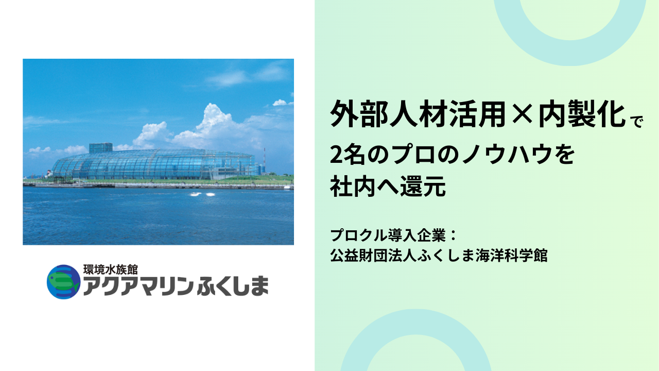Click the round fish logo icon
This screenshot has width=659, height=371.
[63, 282]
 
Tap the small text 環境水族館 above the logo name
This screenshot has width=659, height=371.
[111, 269]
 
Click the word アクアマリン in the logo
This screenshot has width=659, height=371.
[138, 286]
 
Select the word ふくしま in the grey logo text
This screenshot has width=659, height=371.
[232, 286]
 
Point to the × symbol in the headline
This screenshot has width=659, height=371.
[522, 114]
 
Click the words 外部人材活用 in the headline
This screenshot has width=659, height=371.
[418, 113]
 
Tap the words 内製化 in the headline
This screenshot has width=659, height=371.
[582, 113]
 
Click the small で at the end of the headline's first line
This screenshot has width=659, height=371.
[637, 121]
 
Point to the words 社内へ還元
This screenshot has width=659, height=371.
[388, 186]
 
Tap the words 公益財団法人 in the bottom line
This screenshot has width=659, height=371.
[373, 255]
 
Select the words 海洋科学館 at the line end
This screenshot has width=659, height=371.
[512, 255]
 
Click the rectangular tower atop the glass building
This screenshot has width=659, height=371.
[100, 148]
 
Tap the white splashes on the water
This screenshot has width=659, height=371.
[203, 194]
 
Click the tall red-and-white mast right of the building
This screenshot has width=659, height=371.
[264, 160]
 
